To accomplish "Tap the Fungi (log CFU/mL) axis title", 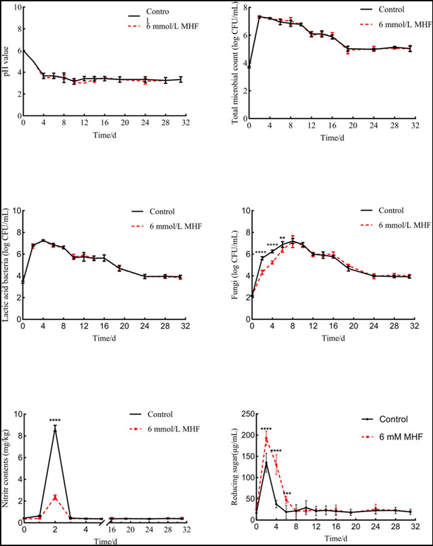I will coord(235,272).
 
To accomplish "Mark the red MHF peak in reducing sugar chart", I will coord(266,437).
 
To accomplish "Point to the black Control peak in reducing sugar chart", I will coord(266,463).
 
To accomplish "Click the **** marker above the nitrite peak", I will coord(55,421).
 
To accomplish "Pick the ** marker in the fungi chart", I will coord(283,238).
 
